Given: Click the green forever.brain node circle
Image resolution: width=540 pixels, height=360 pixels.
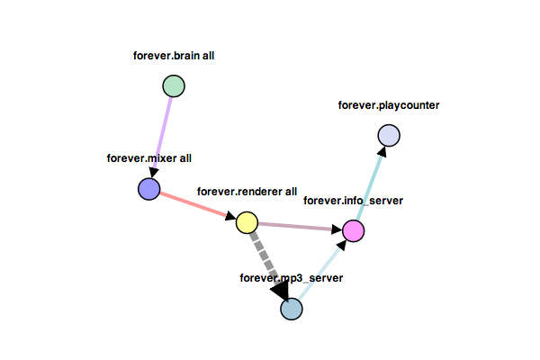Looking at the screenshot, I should pos(173,85).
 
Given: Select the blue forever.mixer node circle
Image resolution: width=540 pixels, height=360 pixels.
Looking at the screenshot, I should pos(148,189).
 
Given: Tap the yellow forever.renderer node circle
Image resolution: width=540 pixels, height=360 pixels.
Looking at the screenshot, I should pos(247,222).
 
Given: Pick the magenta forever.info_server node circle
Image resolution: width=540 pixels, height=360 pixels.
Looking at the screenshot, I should pos(354,231).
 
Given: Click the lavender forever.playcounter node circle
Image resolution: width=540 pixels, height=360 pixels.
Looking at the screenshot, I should pos(389,135).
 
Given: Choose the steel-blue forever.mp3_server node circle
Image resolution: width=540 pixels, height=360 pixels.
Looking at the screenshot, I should pos(292,309).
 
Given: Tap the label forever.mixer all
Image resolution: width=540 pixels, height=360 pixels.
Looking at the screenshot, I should pos(149,158).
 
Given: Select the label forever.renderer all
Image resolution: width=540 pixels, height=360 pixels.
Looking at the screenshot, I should pos(247,191).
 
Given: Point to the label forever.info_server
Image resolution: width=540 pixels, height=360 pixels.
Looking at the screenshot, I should pos(353,200).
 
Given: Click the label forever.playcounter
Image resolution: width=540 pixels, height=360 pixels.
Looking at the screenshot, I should pos(389,105).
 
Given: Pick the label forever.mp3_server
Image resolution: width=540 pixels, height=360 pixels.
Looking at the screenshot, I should pos(292,278).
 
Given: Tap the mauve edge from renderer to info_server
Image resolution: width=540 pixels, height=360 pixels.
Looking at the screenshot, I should pos(300,227).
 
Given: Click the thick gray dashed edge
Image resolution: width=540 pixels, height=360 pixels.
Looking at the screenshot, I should pos(265,256).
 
